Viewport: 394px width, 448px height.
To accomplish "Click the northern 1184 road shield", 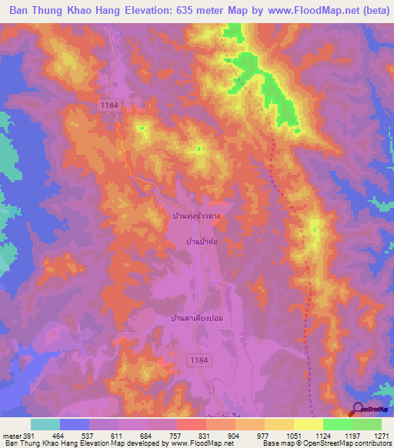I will click(108, 103).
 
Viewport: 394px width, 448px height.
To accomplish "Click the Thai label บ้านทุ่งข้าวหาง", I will click(196, 216).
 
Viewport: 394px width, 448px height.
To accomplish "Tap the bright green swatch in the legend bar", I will click(337, 424).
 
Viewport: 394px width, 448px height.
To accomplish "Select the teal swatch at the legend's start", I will click(45, 424).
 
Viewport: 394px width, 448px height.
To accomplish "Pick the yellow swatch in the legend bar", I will click(308, 424).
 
